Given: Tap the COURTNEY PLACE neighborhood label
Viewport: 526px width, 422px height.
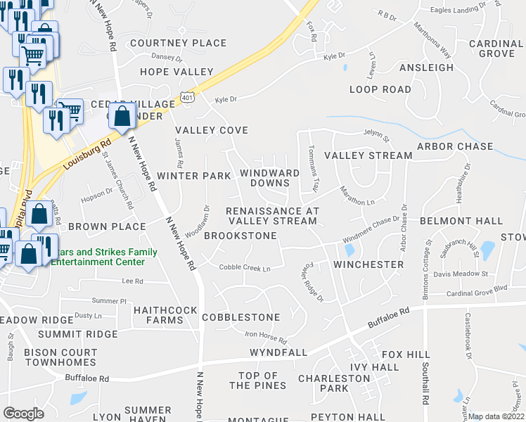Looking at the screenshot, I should point(178,43).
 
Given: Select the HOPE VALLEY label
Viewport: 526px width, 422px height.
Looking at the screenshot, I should point(177,72).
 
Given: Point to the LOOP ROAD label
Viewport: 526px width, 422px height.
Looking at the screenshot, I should point(380,89).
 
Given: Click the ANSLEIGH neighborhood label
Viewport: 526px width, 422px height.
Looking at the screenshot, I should point(426,68).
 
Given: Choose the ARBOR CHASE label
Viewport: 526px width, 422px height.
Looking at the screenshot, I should point(455,146).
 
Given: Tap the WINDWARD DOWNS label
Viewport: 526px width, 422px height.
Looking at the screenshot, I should point(264,178).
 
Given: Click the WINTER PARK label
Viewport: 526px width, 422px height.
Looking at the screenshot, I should point(194,175).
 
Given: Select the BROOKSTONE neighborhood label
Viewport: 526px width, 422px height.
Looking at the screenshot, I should point(240,236).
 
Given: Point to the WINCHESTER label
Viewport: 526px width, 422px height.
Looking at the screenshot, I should point(368,264).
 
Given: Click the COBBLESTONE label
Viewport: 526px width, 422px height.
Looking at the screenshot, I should point(240,317).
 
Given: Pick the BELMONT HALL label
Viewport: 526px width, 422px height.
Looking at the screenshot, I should point(461,221).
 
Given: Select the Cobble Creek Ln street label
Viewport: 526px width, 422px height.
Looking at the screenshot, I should point(244,267).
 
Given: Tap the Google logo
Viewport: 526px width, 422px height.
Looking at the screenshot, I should point(23,414).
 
